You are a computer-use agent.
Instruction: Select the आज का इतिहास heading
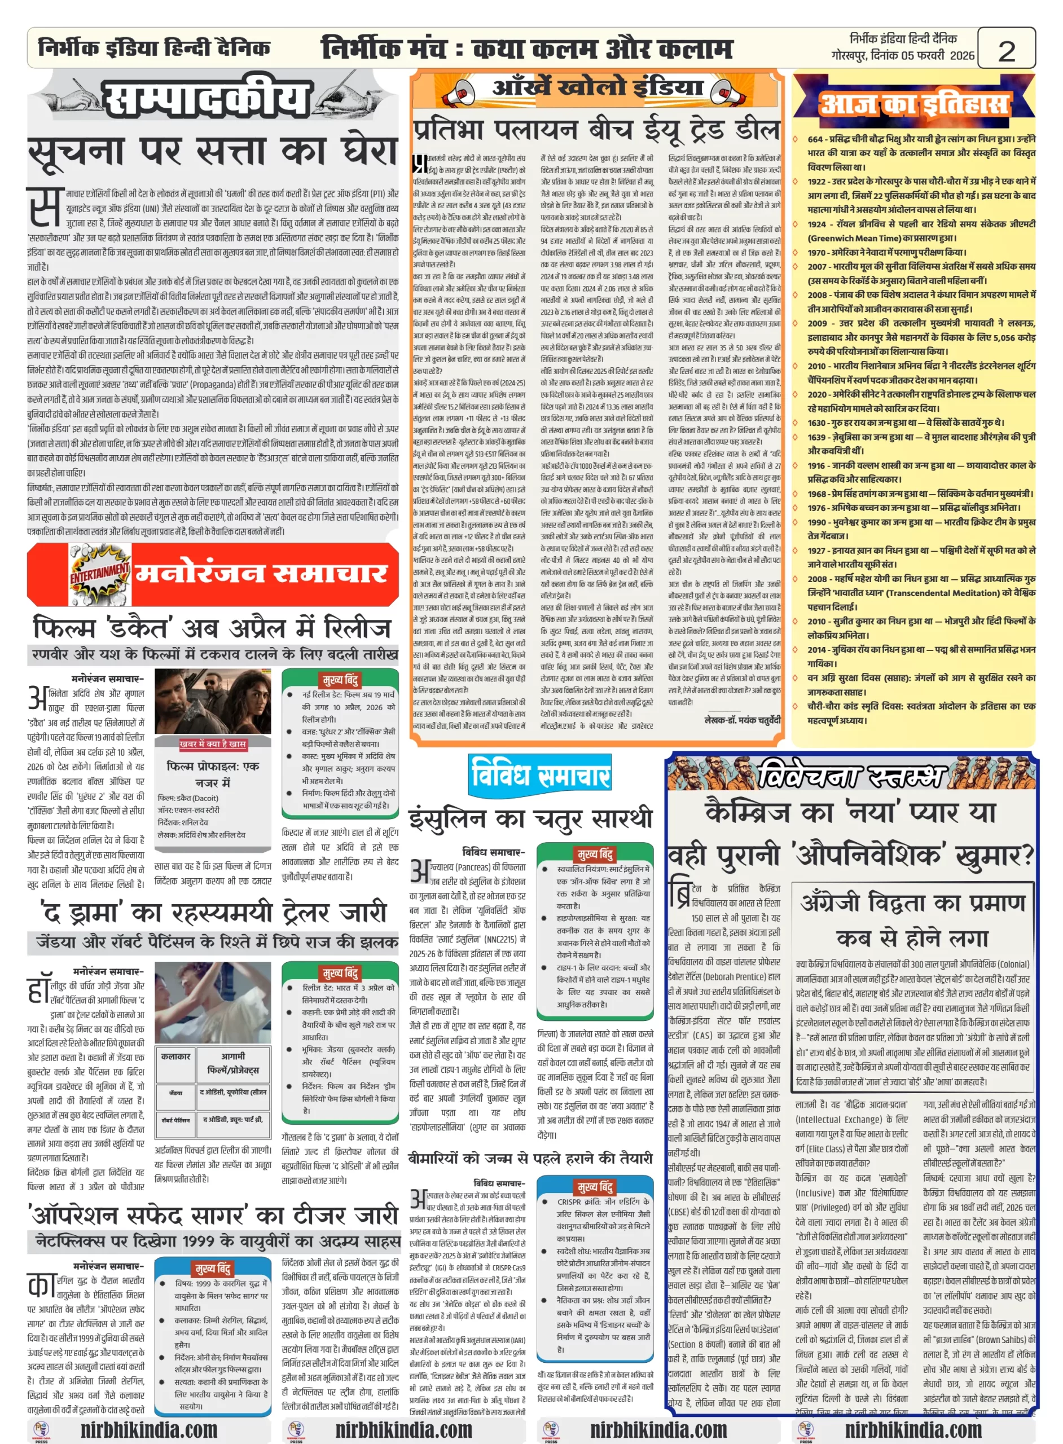coord(913,105)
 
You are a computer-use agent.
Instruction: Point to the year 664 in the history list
coord(815,139)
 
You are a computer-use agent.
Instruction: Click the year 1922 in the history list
coord(817,182)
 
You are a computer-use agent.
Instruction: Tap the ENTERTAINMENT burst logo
coord(100,571)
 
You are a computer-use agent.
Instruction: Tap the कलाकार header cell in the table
coord(175,1056)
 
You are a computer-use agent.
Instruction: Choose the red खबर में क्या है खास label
coord(212,744)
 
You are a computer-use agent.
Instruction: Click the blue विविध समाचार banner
coord(539,774)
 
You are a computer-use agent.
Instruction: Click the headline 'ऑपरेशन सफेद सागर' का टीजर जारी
coord(212,1215)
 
